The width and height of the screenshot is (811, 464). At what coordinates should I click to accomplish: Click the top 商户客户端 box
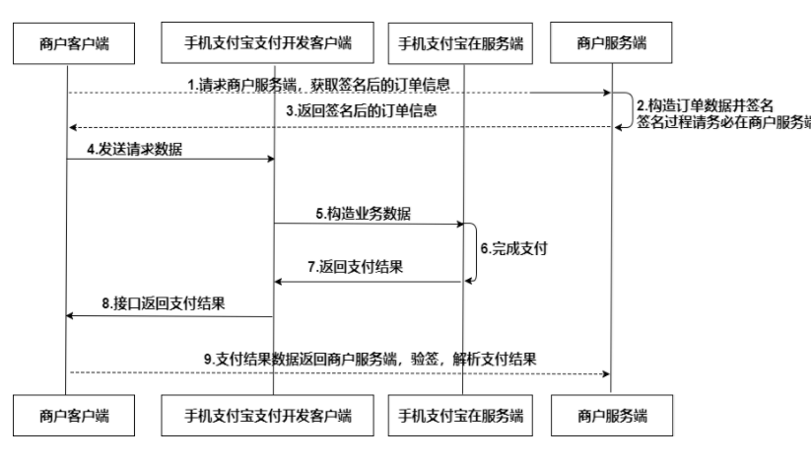coord(74,43)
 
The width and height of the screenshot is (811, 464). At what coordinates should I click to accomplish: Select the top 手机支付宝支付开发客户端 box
coord(267,42)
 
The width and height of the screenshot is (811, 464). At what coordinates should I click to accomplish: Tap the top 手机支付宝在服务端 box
coord(460,43)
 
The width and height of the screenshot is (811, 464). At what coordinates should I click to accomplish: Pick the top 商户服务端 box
coord(611,42)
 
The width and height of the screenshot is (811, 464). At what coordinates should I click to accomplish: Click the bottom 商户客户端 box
coord(74,416)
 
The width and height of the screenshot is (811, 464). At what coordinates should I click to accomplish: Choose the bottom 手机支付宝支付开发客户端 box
coord(267,416)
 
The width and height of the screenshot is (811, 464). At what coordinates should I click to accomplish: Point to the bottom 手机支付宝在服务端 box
coord(460,416)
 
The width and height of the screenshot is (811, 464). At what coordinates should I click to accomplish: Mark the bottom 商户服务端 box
coord(612,416)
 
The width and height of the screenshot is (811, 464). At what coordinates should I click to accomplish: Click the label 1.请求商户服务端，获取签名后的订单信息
coord(318,85)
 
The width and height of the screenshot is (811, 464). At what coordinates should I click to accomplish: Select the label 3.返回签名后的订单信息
coord(362,110)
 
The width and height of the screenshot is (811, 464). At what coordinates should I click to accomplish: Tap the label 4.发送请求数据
coord(134,149)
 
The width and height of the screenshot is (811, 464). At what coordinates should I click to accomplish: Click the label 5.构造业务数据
coord(363,213)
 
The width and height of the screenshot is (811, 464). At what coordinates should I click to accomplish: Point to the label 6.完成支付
coord(513,248)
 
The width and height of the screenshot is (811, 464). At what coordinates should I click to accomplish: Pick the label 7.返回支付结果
coord(356,266)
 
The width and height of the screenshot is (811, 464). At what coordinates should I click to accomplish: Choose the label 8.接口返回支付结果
coord(164,303)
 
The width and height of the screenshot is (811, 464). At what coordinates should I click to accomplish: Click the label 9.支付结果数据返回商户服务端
coord(301,359)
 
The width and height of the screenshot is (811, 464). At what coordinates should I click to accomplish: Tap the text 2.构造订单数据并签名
coord(705,105)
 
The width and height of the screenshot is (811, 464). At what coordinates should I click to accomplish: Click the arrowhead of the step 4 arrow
coord(271,159)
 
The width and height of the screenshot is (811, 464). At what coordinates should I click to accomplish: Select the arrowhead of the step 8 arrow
coord(69,315)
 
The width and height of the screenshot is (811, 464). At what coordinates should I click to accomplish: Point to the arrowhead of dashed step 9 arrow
coord(607,373)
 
